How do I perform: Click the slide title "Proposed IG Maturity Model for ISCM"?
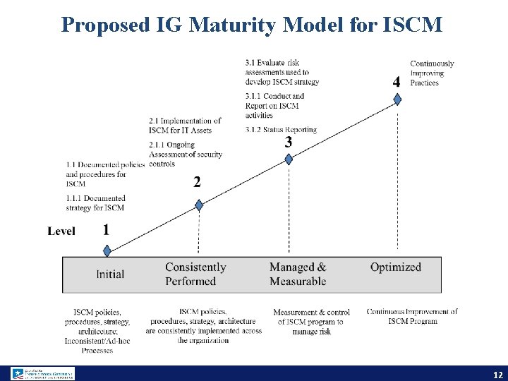point(252,25)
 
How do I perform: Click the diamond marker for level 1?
point(107,250)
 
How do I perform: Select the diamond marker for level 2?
point(199,205)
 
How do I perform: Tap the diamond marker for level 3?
point(289,159)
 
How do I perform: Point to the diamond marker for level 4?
point(397,99)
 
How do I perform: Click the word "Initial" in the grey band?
point(110,274)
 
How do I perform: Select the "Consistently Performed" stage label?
point(195,274)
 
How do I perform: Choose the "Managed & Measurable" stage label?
point(298,274)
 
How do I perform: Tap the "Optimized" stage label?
point(396,267)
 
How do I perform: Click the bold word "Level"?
point(61,231)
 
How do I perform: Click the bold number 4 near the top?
point(397,82)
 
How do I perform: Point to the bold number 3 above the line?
point(288,142)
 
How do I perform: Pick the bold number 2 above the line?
point(197,182)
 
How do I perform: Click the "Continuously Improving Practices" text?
point(432,73)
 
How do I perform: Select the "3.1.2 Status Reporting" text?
point(281,129)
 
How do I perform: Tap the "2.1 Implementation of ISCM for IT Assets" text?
point(185,125)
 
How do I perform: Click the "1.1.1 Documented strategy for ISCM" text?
point(95,203)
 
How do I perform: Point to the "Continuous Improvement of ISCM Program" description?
point(412,316)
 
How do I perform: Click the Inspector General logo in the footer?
point(42,373)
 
